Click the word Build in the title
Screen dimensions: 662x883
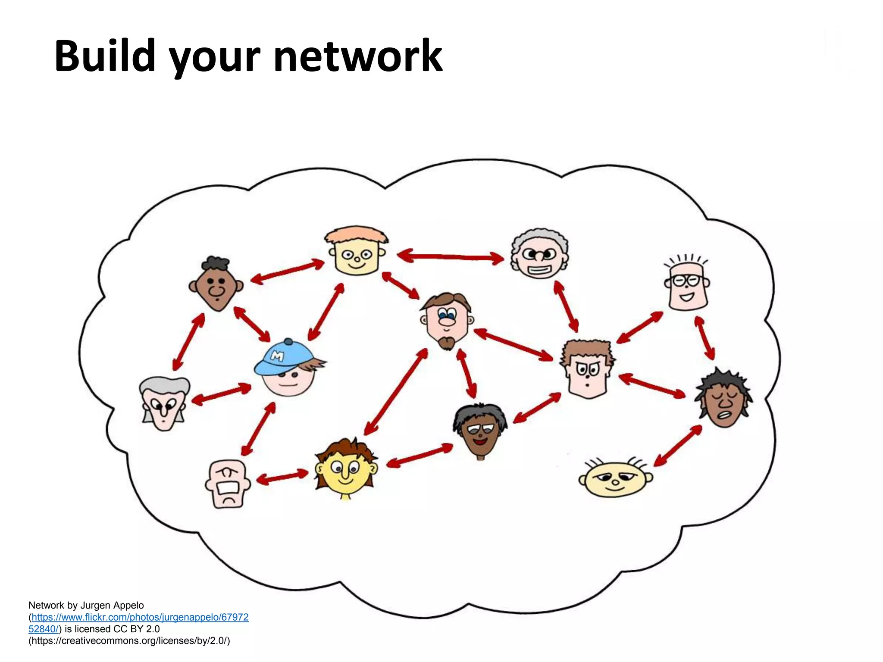click(x=105, y=56)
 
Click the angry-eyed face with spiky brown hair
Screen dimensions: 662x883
click(x=588, y=369)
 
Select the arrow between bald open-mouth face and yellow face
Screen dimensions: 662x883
click(x=282, y=477)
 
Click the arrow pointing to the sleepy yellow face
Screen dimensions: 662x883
click(x=678, y=446)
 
